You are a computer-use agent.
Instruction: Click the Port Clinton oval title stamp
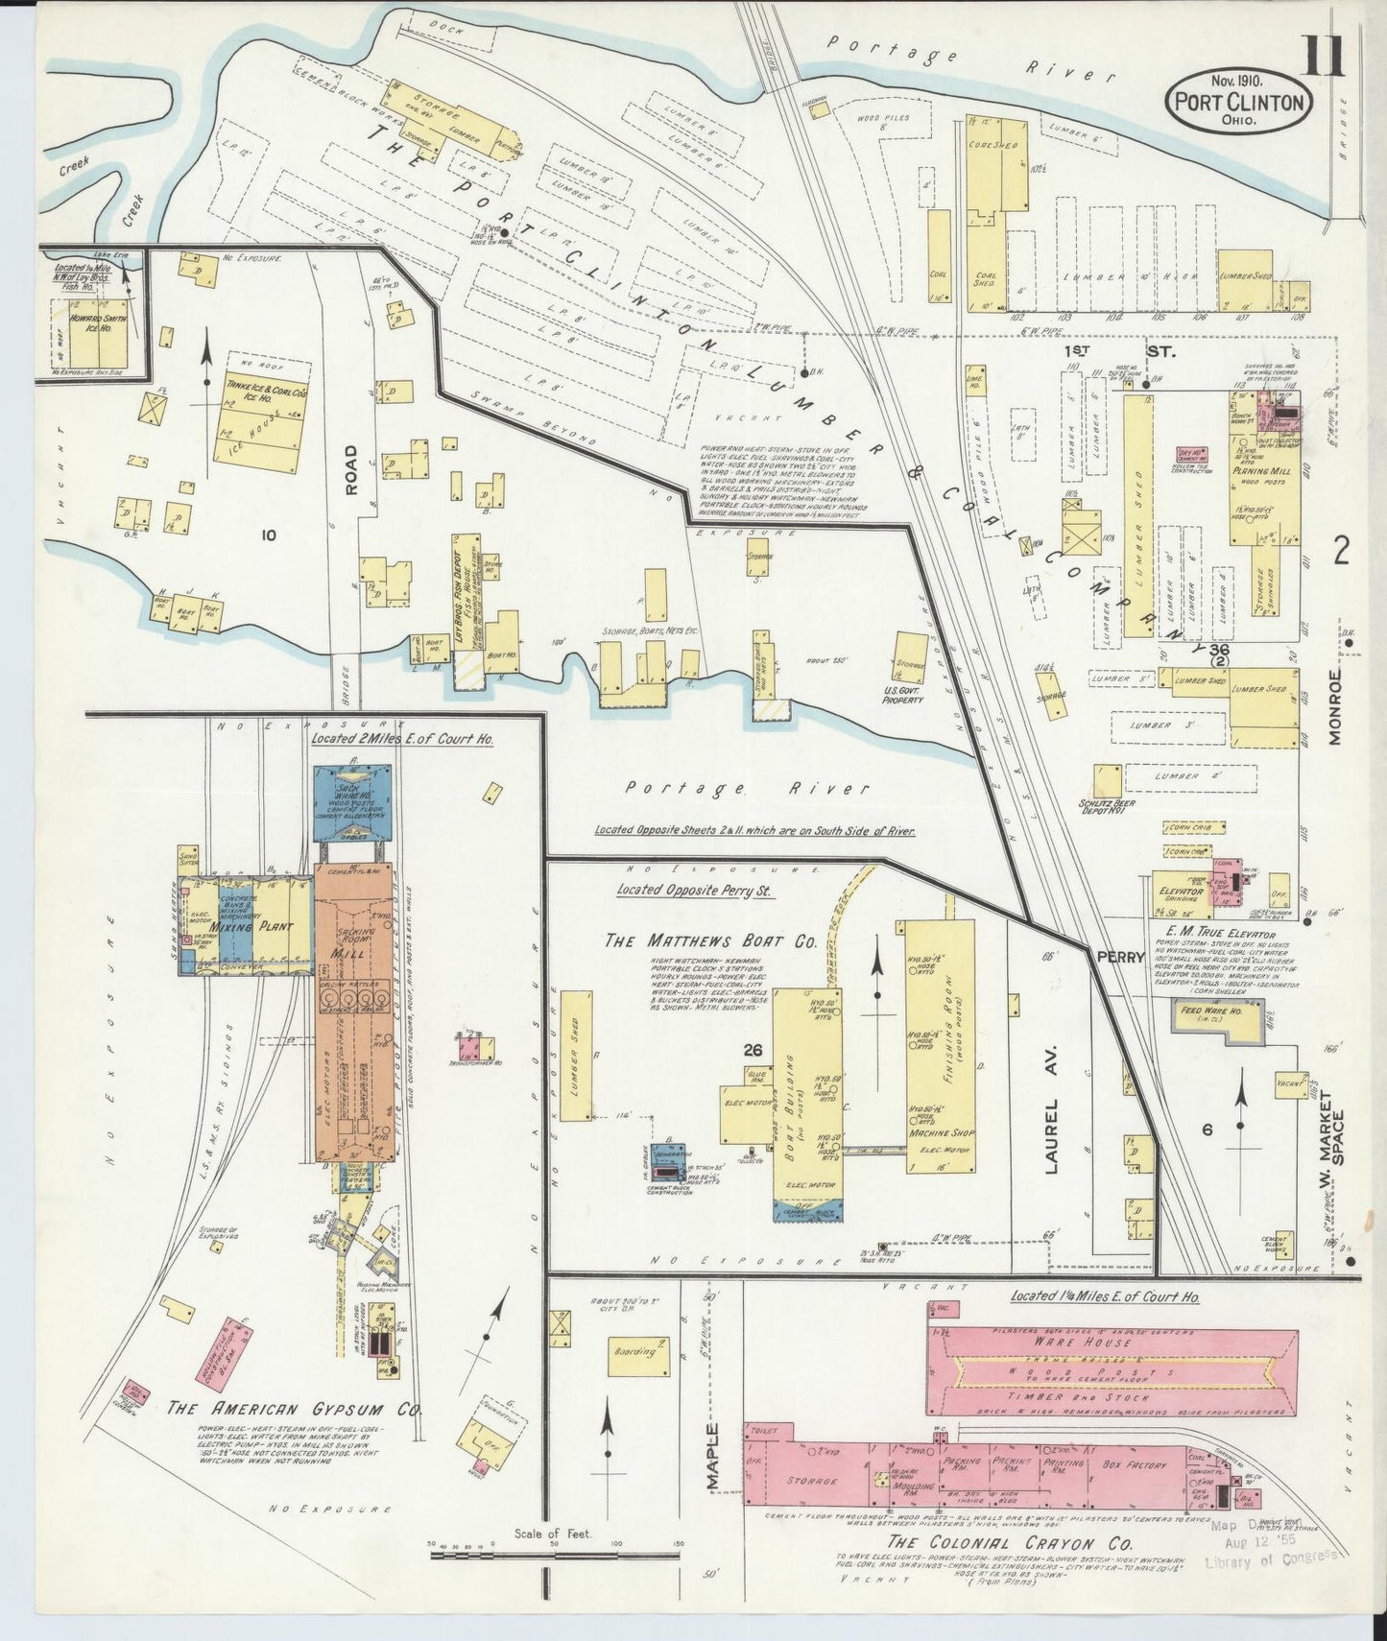1238,101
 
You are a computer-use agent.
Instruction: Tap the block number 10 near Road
268,535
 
